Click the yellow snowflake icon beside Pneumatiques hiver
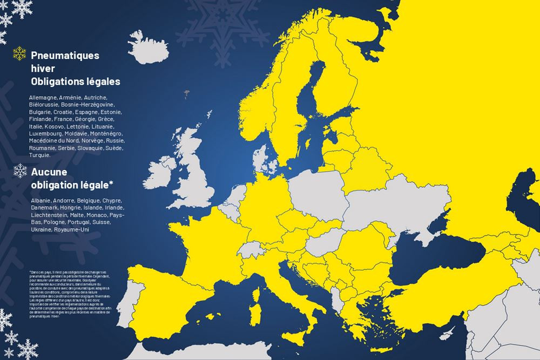pos(19,53)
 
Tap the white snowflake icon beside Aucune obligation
pos(20,171)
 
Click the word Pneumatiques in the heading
pos(65,55)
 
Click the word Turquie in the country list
pos(39,155)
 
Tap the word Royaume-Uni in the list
pos(72,229)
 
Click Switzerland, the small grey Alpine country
pos(251,248)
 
